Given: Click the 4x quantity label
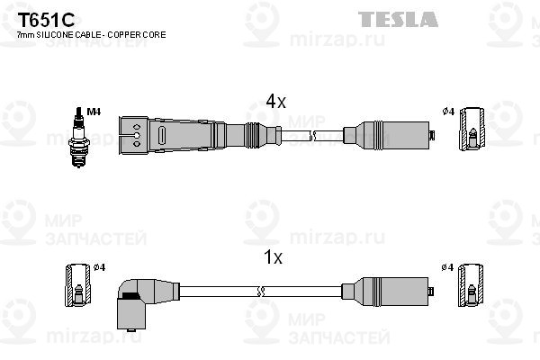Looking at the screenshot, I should tap(274, 103).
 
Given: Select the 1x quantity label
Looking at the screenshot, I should tap(273, 258).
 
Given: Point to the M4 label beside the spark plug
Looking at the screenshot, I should tap(95, 112).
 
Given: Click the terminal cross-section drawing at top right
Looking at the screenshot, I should tap(472, 130).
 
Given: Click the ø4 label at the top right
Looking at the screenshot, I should tap(447, 112).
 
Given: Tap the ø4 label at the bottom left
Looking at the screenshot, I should tap(100, 267).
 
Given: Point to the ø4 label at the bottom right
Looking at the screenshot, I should tap(447, 267).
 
